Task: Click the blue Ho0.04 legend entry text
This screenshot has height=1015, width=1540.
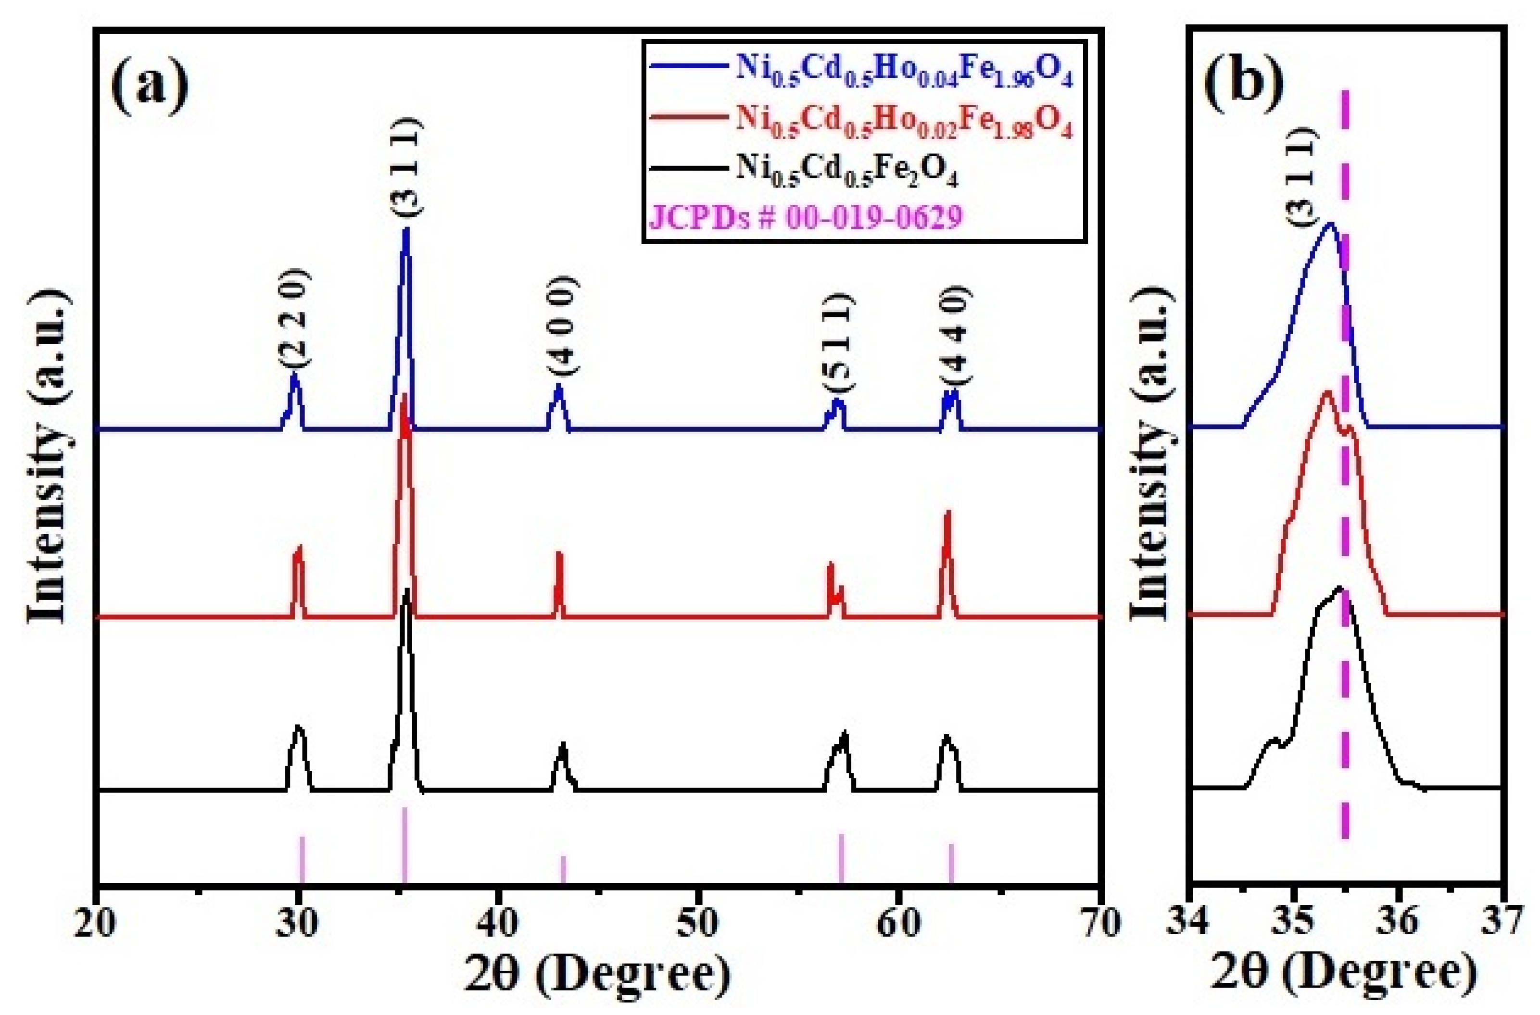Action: tap(903, 76)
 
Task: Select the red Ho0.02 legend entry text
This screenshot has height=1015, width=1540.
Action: tap(903, 124)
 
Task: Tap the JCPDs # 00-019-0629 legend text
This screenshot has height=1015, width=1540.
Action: tap(805, 217)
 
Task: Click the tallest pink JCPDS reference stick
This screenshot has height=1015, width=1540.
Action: tap(404, 845)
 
